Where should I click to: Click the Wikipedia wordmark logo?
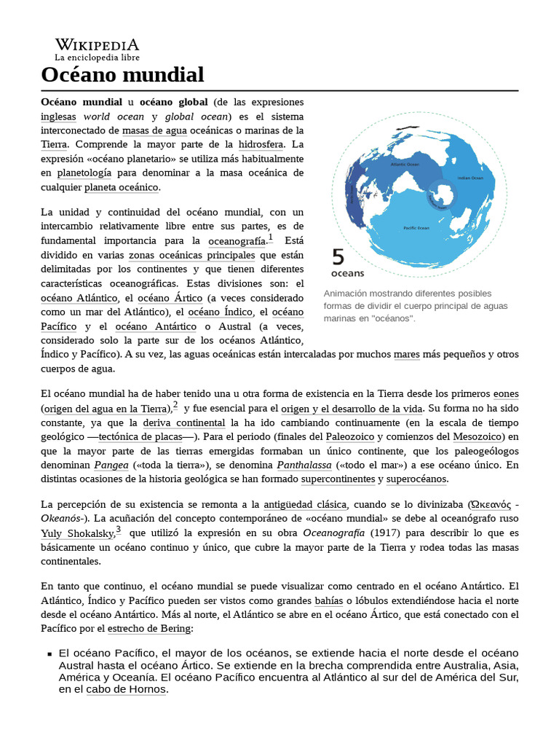[x=97, y=45]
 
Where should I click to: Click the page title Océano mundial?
[x=122, y=74]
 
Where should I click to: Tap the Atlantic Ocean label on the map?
[x=405, y=165]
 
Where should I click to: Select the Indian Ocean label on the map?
[x=469, y=178]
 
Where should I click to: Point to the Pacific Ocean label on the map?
[x=416, y=227]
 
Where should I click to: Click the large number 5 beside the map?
[x=338, y=257]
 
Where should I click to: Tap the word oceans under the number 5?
[x=348, y=274]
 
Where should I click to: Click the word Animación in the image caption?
[x=349, y=293]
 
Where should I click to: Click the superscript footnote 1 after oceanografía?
[x=270, y=237]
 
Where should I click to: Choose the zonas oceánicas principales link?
[x=191, y=255]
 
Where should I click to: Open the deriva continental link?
[x=183, y=423]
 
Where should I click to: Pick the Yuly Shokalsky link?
[x=76, y=534]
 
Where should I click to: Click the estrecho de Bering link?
[x=149, y=628]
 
